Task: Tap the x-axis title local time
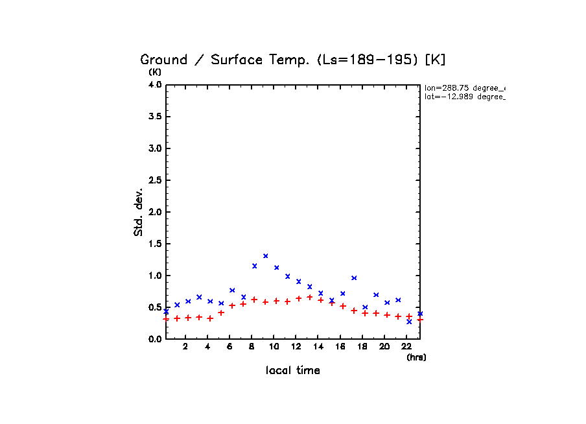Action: [x=293, y=370]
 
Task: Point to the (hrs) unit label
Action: [x=416, y=357]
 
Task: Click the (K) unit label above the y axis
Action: [x=155, y=72]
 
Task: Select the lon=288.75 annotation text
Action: [x=464, y=88]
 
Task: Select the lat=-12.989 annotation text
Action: [x=464, y=97]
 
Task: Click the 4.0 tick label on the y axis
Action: [x=154, y=85]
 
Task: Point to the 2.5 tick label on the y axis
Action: [x=154, y=180]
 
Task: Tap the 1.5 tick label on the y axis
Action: [x=154, y=244]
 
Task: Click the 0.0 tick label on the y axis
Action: [x=154, y=339]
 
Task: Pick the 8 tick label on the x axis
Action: [x=252, y=347]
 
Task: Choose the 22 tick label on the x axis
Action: [x=406, y=347]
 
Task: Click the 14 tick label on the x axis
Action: [x=318, y=347]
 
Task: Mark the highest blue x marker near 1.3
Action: [x=266, y=256]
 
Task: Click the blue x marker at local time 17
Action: [x=354, y=278]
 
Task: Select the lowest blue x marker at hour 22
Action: [x=409, y=322]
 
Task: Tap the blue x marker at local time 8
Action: [x=255, y=266]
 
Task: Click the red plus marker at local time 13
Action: [x=310, y=297]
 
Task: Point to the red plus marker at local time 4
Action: [x=210, y=318]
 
